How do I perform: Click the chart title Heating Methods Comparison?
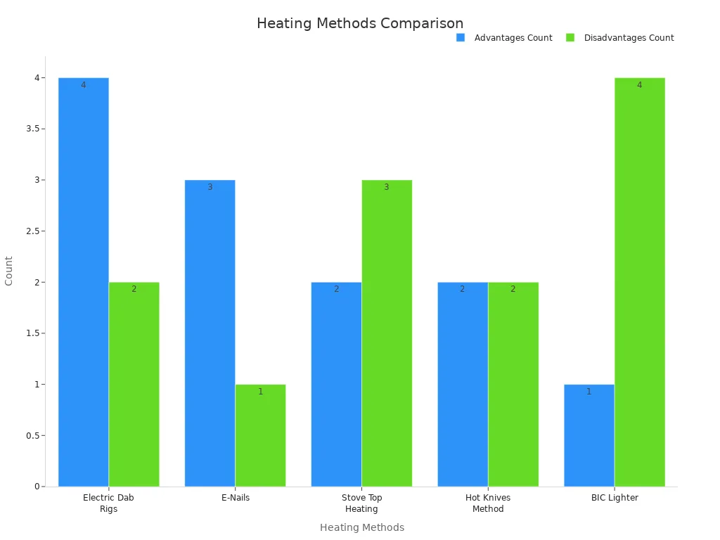pyautogui.click(x=360, y=23)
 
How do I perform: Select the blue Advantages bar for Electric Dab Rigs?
pyautogui.click(x=84, y=281)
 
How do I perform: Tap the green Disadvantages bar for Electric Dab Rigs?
pyautogui.click(x=134, y=384)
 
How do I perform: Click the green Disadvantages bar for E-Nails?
pyautogui.click(x=261, y=435)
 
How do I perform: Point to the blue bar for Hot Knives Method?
pyautogui.click(x=463, y=384)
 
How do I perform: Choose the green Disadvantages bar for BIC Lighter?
pyautogui.click(x=640, y=281)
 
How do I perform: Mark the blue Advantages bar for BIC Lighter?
pyautogui.click(x=589, y=435)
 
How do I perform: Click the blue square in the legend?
pyautogui.click(x=461, y=37)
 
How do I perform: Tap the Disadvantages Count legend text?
pyautogui.click(x=629, y=38)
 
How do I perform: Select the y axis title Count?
pyautogui.click(x=9, y=271)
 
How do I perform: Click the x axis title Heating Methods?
pyautogui.click(x=362, y=527)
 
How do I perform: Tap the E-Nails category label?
pyautogui.click(x=236, y=498)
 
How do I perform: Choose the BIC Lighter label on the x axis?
pyautogui.click(x=615, y=498)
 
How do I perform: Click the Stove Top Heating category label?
pyautogui.click(x=361, y=503)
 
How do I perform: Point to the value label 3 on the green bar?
pyautogui.click(x=386, y=187)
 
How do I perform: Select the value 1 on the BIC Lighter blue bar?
pyautogui.click(x=589, y=392)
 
